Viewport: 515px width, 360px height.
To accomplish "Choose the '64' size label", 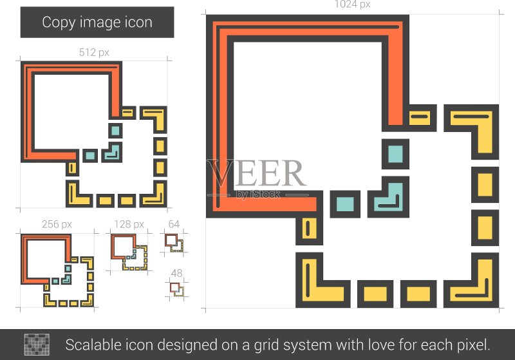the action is point(174,224).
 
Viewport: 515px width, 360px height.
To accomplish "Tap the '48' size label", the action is point(176,273).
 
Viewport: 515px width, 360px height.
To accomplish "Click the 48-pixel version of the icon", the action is point(176,289).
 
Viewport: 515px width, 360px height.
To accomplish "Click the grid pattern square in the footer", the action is point(37,345).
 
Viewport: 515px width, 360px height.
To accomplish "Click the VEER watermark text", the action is point(256,173).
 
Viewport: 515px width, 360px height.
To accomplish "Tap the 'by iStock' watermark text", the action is point(258,194).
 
